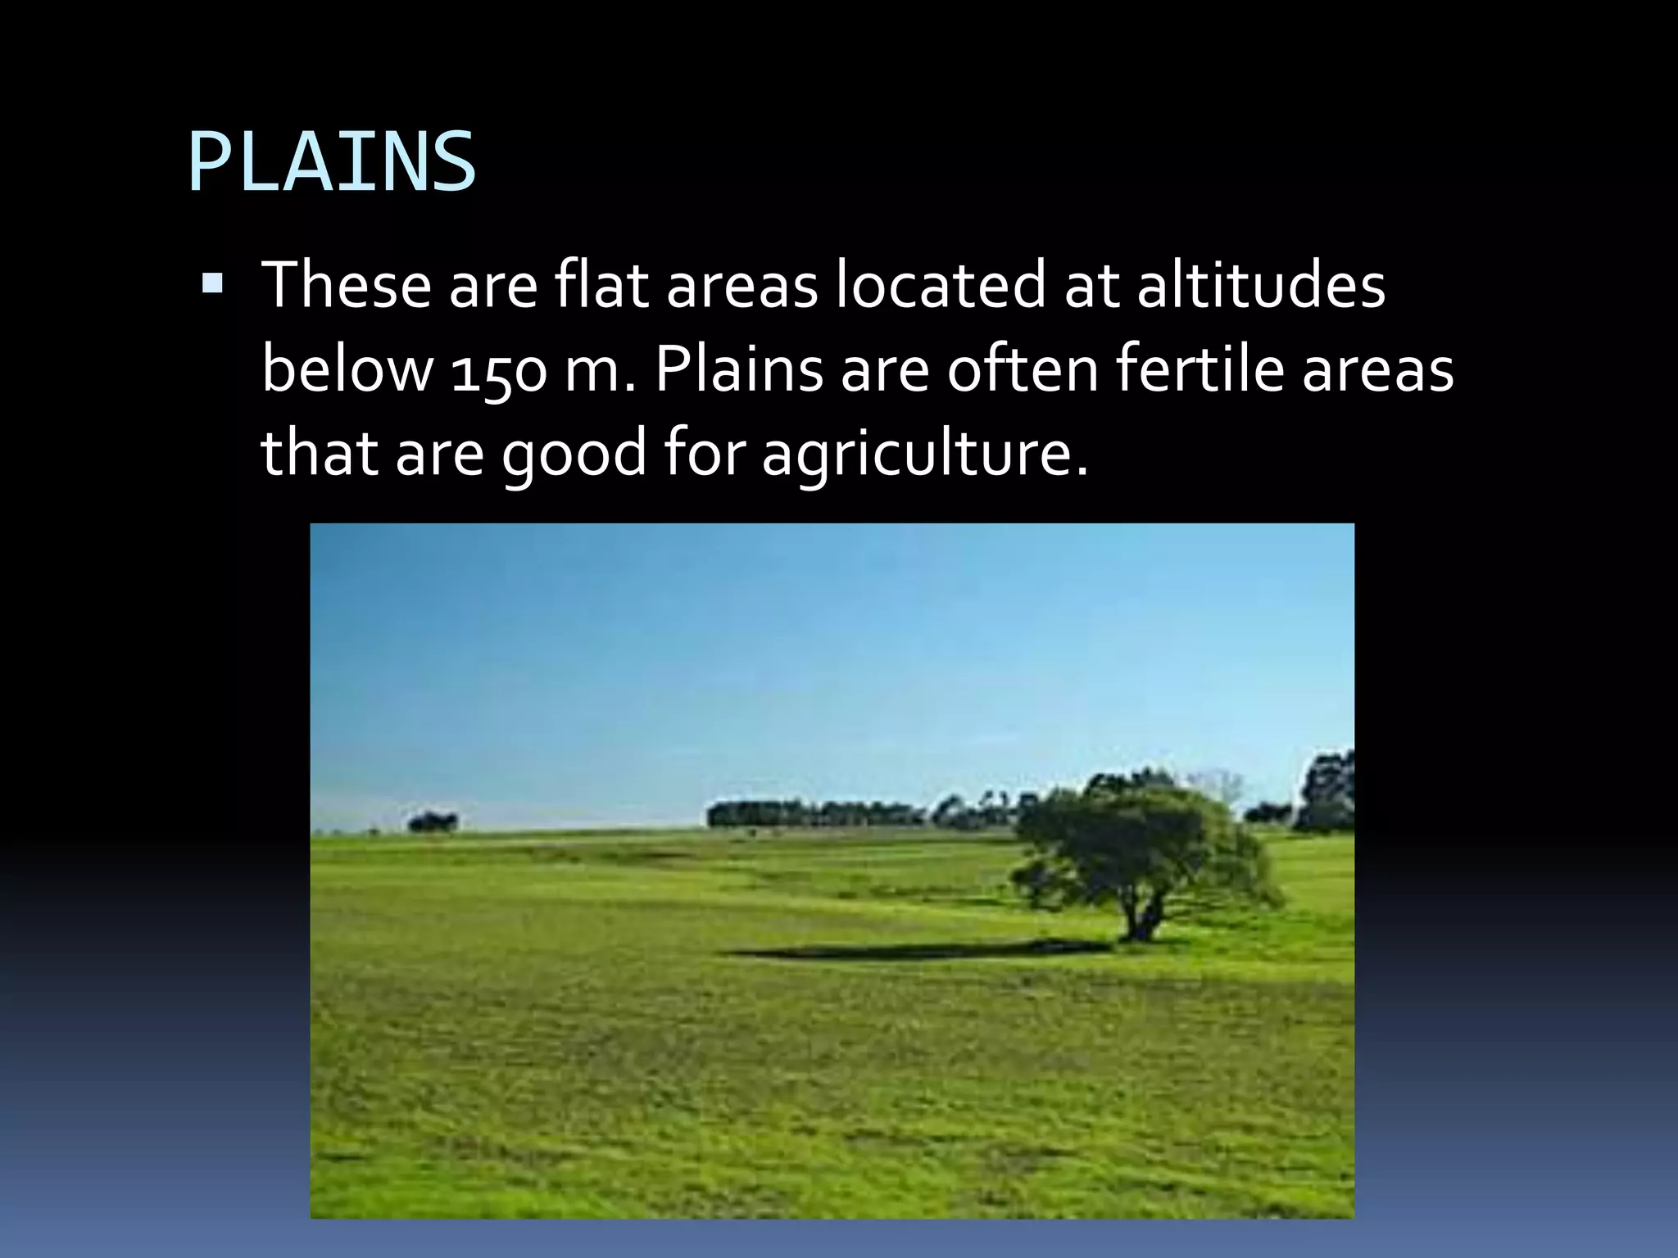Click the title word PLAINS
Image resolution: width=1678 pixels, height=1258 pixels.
coord(332,162)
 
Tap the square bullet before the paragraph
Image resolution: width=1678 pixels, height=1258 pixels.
coord(212,284)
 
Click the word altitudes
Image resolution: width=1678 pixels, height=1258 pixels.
coord(1261,284)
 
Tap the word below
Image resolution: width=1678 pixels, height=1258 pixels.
coord(347,369)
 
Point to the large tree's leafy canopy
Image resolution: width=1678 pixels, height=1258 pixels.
coord(1139,844)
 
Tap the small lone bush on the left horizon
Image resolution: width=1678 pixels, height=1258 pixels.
coord(433,821)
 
